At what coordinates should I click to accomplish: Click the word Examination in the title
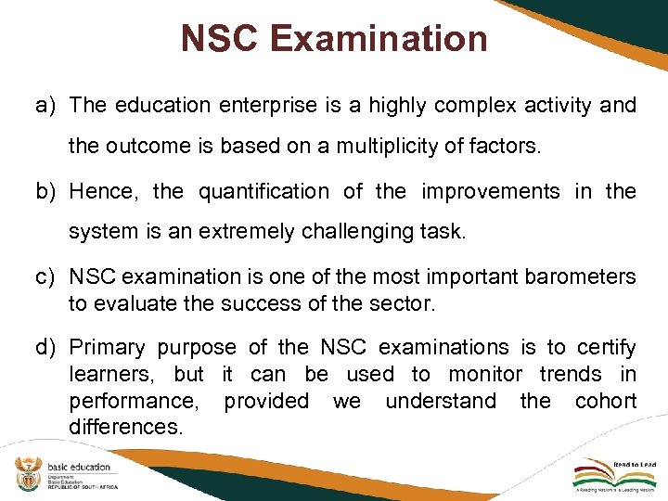click(x=379, y=39)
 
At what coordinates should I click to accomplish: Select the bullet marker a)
click(x=46, y=105)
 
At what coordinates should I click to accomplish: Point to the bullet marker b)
click(x=46, y=192)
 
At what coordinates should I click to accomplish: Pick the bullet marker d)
click(x=46, y=348)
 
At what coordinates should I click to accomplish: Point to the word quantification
click(x=263, y=192)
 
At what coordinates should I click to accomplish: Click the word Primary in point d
click(x=108, y=348)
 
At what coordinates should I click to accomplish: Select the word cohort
click(x=605, y=401)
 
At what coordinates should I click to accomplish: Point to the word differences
click(x=126, y=427)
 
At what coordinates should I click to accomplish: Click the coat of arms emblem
click(x=26, y=476)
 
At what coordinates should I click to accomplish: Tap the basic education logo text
click(x=77, y=467)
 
